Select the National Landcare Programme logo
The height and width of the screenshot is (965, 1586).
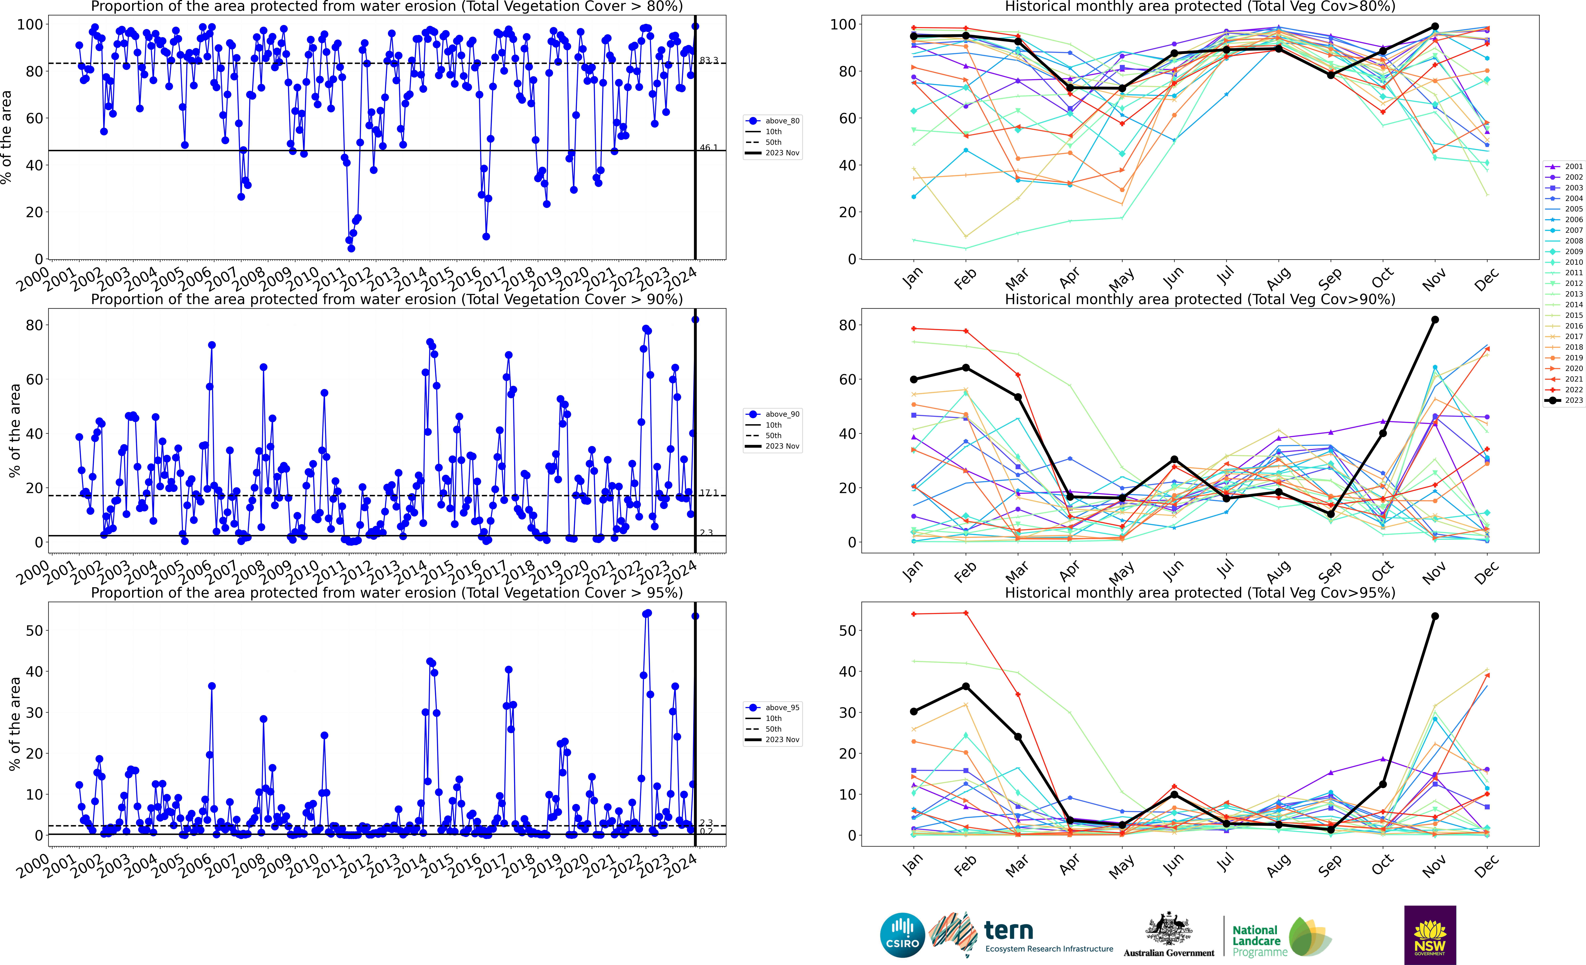(x=1281, y=938)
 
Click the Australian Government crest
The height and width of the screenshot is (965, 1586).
(x=1168, y=930)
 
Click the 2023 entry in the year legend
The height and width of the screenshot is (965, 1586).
(x=1564, y=400)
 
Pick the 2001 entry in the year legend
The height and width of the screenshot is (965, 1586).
(x=1564, y=167)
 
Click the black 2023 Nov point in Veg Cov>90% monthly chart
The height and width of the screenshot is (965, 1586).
(x=1435, y=320)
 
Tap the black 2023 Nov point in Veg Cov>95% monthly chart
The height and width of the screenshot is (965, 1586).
(x=1435, y=616)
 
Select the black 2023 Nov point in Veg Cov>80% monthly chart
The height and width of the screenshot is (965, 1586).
(x=1435, y=26)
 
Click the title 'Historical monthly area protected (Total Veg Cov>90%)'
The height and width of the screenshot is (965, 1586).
(x=1200, y=299)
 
